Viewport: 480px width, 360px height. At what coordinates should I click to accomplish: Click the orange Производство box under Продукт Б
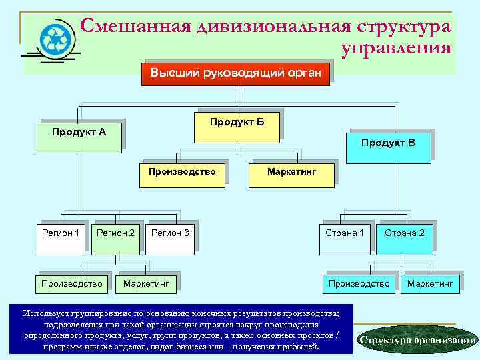coord(183,172)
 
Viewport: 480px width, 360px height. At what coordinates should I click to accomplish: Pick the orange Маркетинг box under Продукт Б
coord(291,172)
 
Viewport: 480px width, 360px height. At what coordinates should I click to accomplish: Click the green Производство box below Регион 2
coord(71,284)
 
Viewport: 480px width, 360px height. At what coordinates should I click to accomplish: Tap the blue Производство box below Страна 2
coord(359,284)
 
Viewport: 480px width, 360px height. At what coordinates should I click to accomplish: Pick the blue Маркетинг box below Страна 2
coord(429,284)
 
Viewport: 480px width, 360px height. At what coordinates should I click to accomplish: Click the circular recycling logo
coord(53,39)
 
